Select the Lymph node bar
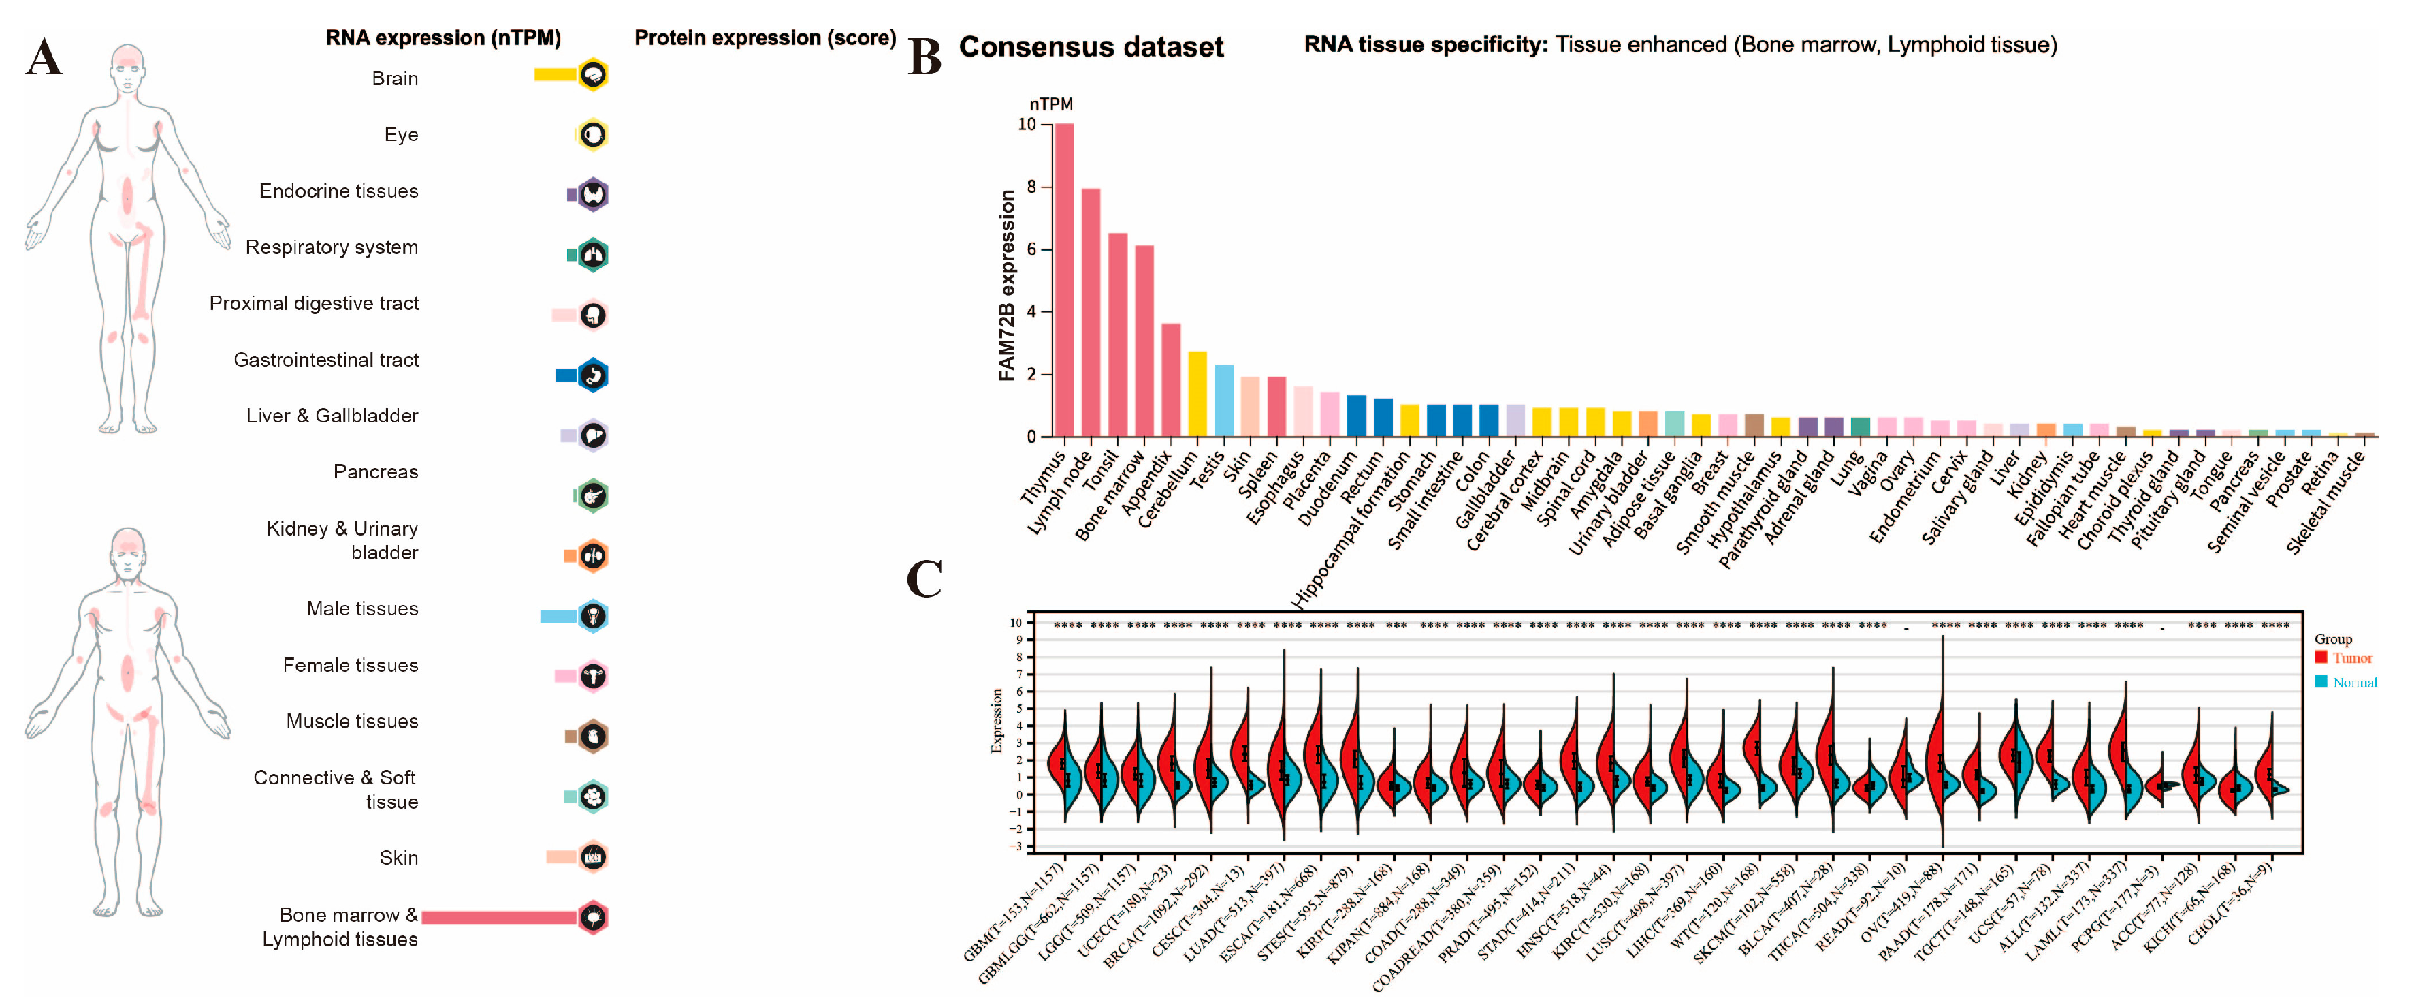point(1090,314)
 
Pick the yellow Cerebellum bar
point(1197,394)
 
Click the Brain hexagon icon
point(593,75)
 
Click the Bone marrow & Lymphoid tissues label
point(341,927)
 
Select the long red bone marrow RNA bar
point(498,917)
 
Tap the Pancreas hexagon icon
point(593,495)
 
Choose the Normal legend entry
point(2347,683)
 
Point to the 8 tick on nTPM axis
point(1032,187)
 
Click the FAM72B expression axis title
point(1007,285)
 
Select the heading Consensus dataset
point(1091,47)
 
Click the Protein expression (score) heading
point(765,38)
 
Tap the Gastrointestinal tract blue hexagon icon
point(593,375)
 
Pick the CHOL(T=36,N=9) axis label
point(2230,914)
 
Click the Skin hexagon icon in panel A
point(593,856)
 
